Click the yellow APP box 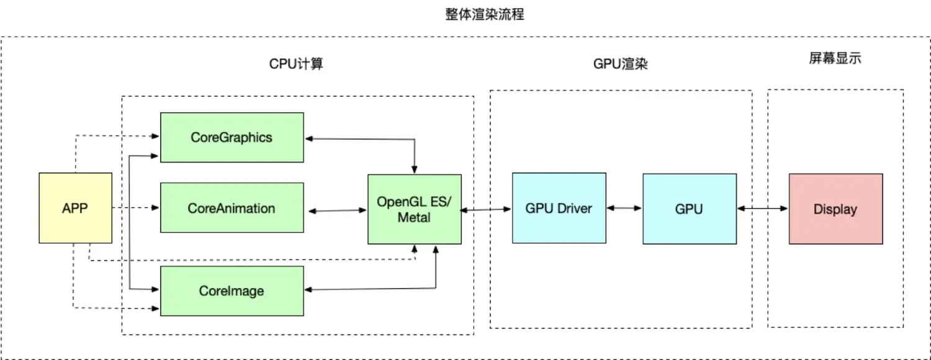(75, 208)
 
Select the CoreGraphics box (232, 137)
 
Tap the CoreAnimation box (232, 208)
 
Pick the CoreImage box (232, 290)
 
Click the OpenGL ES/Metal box (414, 209)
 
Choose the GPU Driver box (559, 208)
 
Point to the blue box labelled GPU (689, 208)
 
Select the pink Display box (835, 209)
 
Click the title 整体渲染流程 (484, 14)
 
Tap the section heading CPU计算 (296, 64)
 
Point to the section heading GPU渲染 (620, 64)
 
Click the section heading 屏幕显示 (835, 59)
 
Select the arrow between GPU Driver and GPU (624, 208)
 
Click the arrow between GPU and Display (762, 209)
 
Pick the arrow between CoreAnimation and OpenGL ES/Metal (335, 211)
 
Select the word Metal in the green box (414, 217)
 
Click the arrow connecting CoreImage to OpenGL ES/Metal (372, 289)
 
